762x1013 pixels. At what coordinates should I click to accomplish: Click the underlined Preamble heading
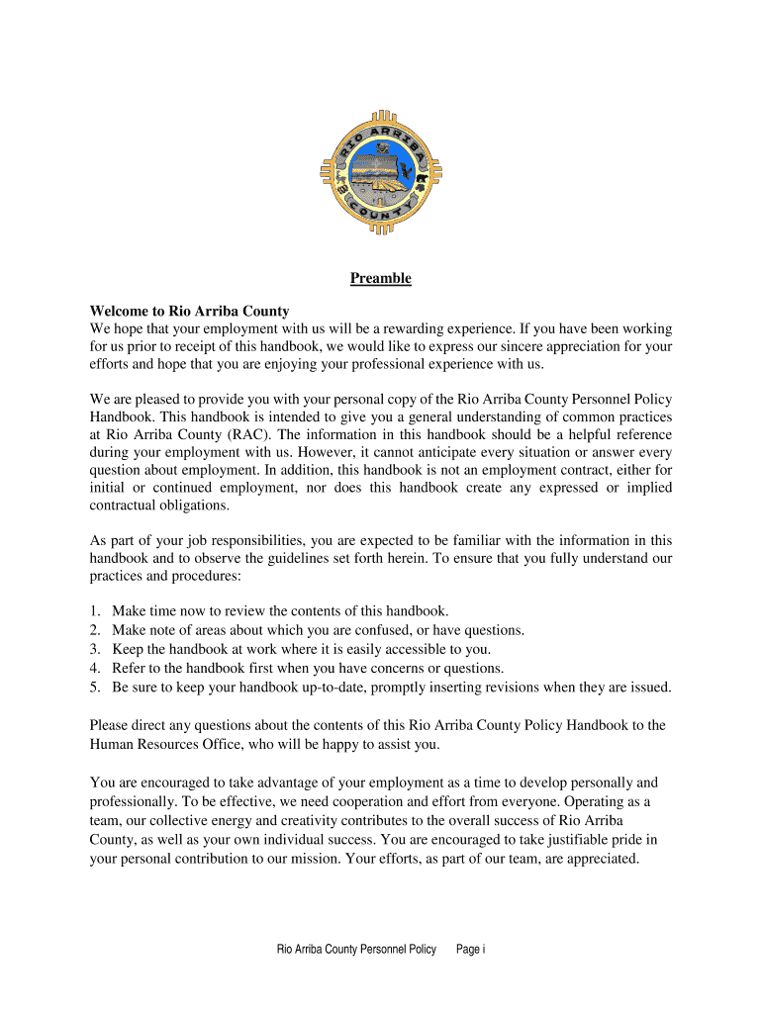380,279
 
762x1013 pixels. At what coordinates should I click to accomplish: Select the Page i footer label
470,950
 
